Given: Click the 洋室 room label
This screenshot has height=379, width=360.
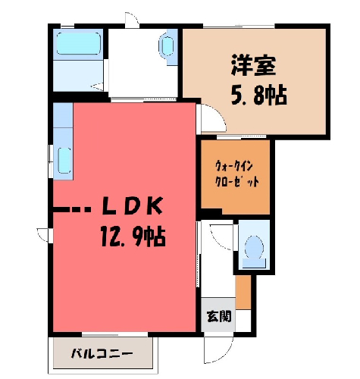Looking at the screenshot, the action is pyautogui.click(x=253, y=65).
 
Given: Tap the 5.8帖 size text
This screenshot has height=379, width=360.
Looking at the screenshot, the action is pyautogui.click(x=259, y=96).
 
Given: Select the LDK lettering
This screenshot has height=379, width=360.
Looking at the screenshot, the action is pyautogui.click(x=132, y=205).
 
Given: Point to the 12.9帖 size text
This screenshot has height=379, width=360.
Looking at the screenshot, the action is pyautogui.click(x=133, y=236).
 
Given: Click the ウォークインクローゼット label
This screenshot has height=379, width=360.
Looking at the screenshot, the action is pyautogui.click(x=236, y=174).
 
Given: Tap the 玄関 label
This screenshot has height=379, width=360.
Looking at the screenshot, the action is pyautogui.click(x=219, y=316).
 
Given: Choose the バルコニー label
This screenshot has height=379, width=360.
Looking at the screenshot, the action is pyautogui.click(x=102, y=353).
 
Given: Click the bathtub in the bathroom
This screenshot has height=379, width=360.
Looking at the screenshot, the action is pyautogui.click(x=79, y=43).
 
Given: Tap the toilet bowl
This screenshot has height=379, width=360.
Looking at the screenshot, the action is pyautogui.click(x=254, y=252).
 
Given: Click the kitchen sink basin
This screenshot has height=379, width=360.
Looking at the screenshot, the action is pyautogui.click(x=64, y=161).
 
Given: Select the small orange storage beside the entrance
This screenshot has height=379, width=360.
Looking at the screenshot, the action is pyautogui.click(x=243, y=292).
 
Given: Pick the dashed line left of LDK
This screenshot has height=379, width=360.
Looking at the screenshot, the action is pyautogui.click(x=71, y=209).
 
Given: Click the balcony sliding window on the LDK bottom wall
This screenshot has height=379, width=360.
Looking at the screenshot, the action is pyautogui.click(x=115, y=335).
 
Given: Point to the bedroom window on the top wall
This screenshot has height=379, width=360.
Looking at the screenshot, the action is pyautogui.click(x=239, y=26).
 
